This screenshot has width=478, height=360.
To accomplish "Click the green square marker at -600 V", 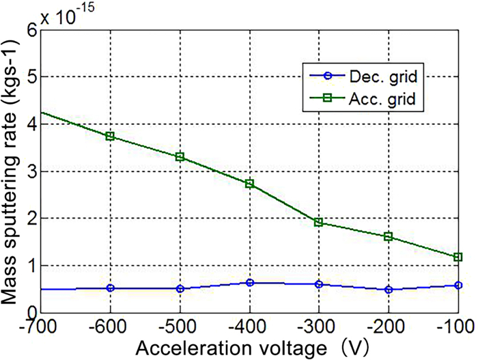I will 110,136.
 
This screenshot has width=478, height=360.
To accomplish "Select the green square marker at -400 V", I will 249,184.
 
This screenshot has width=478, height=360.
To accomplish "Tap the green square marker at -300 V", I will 318,223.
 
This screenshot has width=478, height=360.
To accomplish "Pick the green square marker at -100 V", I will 458,257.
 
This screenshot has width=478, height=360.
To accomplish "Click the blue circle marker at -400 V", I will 249,282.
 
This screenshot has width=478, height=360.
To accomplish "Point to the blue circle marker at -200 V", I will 389,290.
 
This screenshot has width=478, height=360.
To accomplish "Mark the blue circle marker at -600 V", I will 110,288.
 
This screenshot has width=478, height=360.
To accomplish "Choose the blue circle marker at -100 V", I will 458,285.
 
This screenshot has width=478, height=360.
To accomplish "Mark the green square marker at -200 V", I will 389,236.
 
